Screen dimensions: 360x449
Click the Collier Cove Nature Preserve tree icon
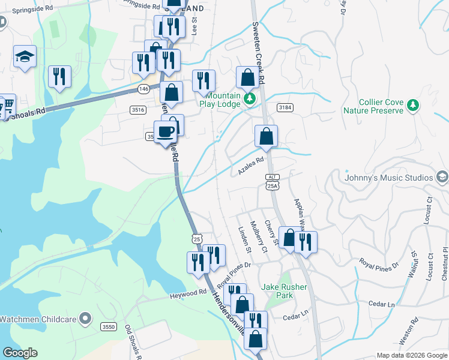tap(412, 106)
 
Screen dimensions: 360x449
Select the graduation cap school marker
tap(25, 58)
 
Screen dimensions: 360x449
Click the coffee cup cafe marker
tap(165, 132)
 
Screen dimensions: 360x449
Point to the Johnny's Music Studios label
tap(388, 178)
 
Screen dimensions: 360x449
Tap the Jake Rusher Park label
tap(284, 291)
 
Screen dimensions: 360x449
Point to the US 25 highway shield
tap(197, 238)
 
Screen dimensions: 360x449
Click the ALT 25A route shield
tap(273, 181)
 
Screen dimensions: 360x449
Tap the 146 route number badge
tap(143, 89)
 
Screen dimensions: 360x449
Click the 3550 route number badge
tap(109, 326)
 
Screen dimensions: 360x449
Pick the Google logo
tap(20, 353)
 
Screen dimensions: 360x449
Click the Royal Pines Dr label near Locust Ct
tap(379, 263)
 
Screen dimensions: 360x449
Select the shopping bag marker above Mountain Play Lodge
tap(247, 77)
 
